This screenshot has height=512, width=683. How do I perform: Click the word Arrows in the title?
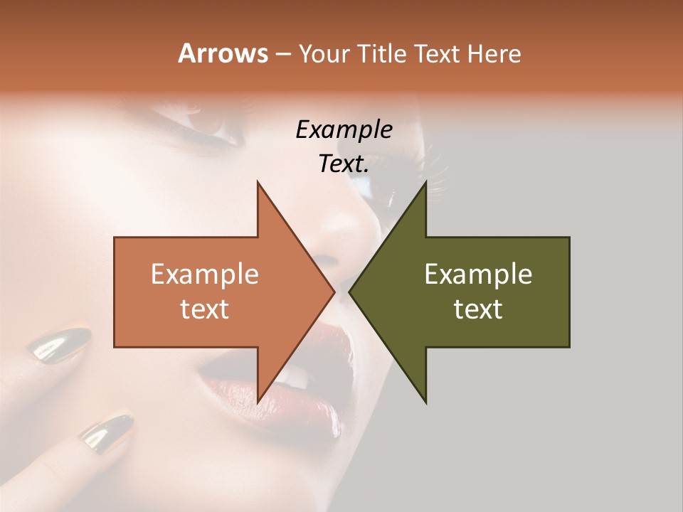223,53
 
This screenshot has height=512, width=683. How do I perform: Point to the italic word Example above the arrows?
344,130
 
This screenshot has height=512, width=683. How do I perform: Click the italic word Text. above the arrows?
344,164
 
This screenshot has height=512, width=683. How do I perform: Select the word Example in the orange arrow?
205,274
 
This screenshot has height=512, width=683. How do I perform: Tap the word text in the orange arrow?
205,309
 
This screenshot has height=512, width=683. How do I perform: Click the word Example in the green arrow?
478,274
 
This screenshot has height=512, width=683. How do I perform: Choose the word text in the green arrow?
478,309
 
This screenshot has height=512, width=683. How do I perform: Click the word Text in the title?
438,54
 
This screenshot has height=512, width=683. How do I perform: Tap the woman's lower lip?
249,398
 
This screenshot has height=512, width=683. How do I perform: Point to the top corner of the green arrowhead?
426,182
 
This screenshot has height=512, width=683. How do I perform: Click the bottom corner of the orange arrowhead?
258,402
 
